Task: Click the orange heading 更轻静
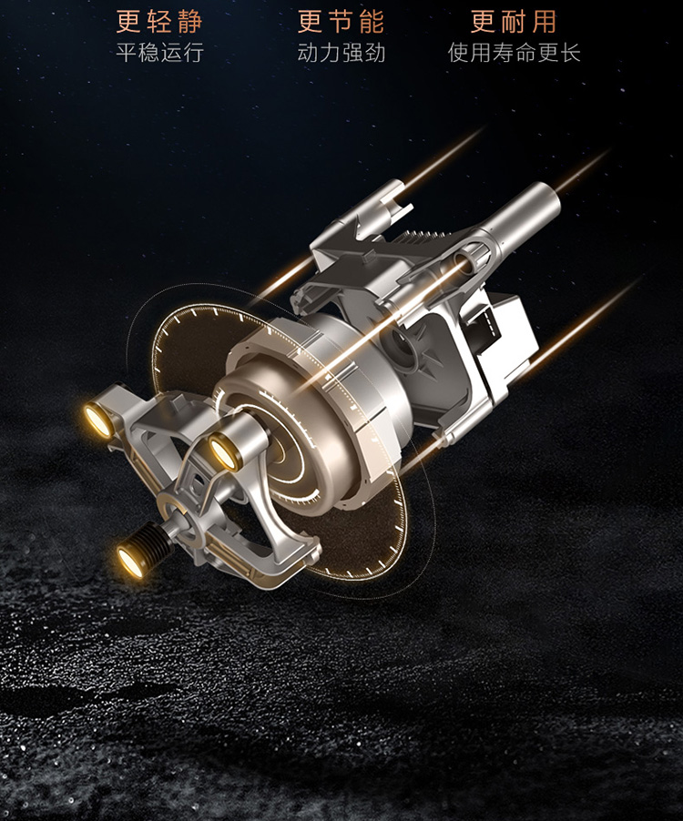click(158, 22)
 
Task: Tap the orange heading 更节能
click(341, 22)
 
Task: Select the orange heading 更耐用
click(514, 22)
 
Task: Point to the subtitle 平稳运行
click(159, 53)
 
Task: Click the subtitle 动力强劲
click(341, 53)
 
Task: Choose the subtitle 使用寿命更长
click(515, 53)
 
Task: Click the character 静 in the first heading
click(189, 22)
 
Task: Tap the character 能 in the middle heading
click(372, 22)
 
